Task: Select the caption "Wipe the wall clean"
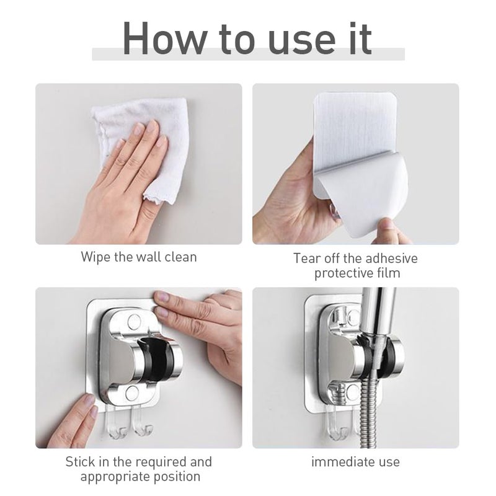[138, 257]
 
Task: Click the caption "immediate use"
[355, 461]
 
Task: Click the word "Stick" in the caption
[82, 461]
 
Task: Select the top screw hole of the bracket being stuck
[134, 321]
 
